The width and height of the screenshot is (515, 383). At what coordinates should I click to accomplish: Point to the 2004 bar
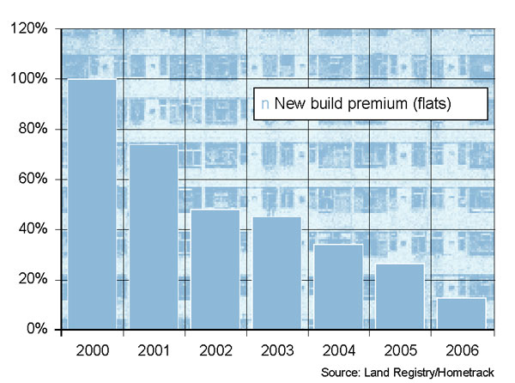pyautogui.click(x=338, y=287)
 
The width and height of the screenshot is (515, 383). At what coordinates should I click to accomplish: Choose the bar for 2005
pyautogui.click(x=399, y=296)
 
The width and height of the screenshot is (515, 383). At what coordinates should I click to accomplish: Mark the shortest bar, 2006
pyautogui.click(x=461, y=313)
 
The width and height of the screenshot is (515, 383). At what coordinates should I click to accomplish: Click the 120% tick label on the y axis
pyautogui.click(x=29, y=29)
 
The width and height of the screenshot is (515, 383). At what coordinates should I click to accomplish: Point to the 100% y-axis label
pyautogui.click(x=29, y=79)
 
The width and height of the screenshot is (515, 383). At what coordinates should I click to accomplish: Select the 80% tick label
pyautogui.click(x=33, y=130)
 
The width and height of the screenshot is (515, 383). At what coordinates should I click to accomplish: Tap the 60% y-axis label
pyautogui.click(x=33, y=179)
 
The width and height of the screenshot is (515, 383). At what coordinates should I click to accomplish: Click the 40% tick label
pyautogui.click(x=33, y=229)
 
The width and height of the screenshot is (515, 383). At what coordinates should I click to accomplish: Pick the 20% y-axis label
pyautogui.click(x=33, y=280)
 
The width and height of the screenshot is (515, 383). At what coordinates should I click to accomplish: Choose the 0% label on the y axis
pyautogui.click(x=36, y=330)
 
